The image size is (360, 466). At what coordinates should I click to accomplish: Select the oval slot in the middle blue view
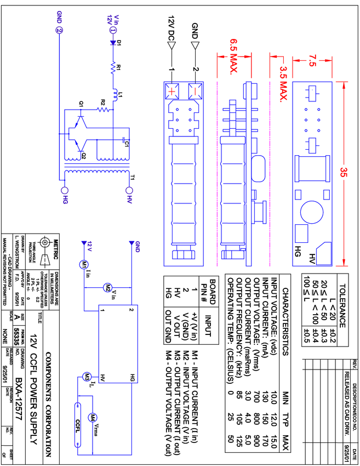259,168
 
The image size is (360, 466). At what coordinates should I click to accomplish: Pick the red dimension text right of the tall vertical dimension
344,172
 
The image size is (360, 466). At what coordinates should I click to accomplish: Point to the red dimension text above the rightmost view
312,60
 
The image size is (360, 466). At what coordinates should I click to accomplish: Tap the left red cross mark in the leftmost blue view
172,91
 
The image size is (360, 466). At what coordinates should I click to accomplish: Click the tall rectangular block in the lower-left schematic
118,343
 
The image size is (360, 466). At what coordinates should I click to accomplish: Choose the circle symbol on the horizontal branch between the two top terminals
107,287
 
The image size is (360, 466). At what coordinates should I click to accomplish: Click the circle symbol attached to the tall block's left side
87,376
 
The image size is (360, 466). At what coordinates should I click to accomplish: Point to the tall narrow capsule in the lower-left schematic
78,425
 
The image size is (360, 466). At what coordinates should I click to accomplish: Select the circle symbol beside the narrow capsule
93,417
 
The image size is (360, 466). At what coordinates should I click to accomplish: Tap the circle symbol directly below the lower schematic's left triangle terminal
84,265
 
